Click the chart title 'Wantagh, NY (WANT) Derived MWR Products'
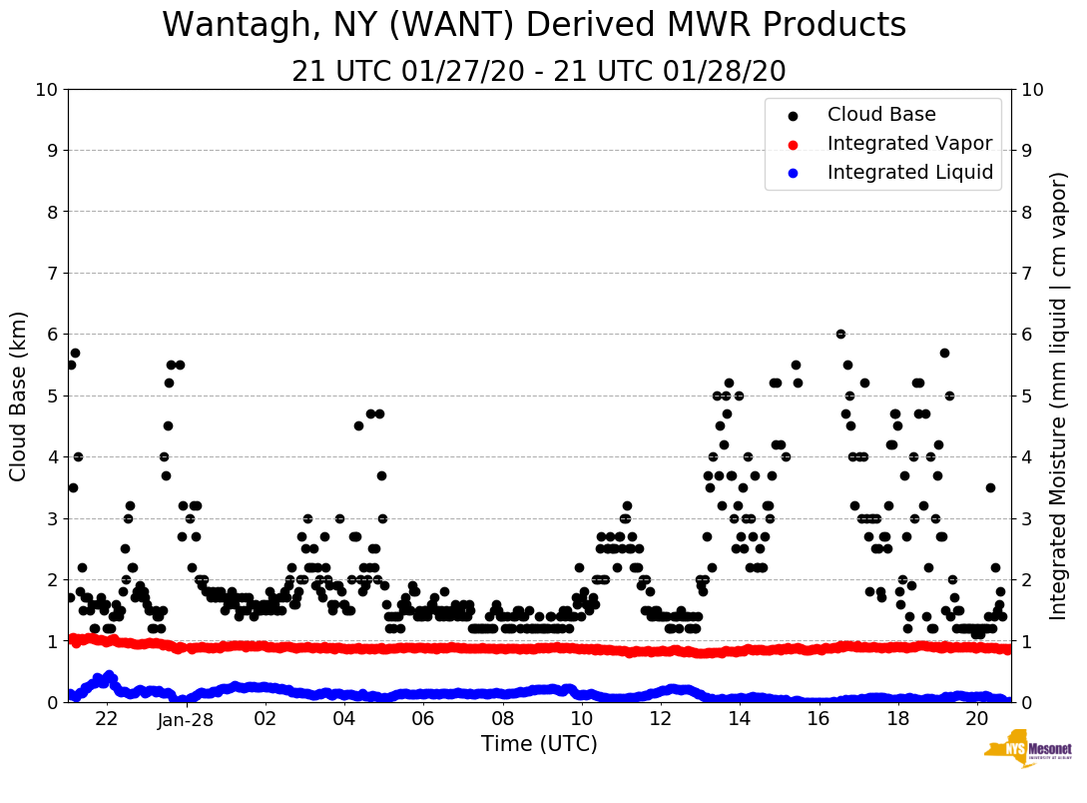[534, 25]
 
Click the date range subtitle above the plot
[539, 72]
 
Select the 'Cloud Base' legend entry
[881, 115]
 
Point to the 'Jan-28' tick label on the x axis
[186, 719]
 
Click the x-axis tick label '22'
[107, 719]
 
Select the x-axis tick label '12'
[660, 719]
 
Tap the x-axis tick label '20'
[976, 719]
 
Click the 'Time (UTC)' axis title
[539, 744]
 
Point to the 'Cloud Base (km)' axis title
[19, 396]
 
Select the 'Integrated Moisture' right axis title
[1058, 396]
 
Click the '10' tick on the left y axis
[46, 90]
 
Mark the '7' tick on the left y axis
[52, 274]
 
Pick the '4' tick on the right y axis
[1026, 457]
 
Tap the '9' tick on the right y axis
[1026, 151]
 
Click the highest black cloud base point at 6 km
[840, 334]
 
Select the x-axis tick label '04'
[343, 719]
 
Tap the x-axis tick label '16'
[817, 719]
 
